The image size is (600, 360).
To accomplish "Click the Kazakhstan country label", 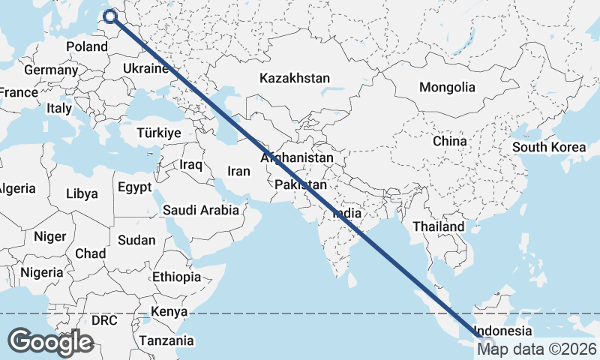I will (295, 78).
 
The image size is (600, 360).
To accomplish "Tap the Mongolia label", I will (447, 87).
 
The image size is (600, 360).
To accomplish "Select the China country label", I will (449, 140).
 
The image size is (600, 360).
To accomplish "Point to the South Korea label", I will (549, 147).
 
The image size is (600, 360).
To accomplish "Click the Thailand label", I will (439, 226).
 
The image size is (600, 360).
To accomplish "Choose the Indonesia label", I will (502, 331).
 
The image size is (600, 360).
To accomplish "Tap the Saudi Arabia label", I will (200, 210).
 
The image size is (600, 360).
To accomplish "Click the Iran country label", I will (238, 171).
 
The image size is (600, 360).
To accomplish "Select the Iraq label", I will (191, 163).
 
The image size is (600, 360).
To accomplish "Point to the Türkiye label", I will (159, 133).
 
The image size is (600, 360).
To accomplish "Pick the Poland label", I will (87, 46).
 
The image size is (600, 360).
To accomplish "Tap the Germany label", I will (51, 70).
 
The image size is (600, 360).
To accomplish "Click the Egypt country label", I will (135, 187).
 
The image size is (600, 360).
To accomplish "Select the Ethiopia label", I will (176, 277).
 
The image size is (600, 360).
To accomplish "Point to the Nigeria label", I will (41, 271).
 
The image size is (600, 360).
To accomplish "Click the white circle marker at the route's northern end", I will (111, 16).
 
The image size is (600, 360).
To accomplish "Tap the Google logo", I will (50, 341).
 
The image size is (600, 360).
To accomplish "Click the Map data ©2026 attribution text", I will (537, 348).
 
